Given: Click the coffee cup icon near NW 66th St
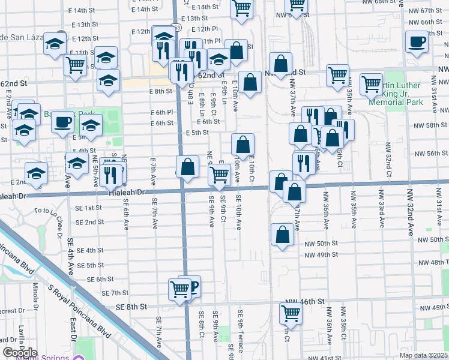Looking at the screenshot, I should (416, 41).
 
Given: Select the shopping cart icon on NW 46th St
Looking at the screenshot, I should (291, 313).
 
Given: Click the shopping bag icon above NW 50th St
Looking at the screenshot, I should (282, 235).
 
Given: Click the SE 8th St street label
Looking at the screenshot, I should (131, 307).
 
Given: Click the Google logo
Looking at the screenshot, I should (20, 353).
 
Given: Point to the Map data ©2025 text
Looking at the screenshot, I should (423, 355).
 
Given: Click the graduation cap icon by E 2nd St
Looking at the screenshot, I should (37, 172).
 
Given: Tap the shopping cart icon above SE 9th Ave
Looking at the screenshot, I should (220, 175).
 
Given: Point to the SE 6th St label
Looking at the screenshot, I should (100, 279).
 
